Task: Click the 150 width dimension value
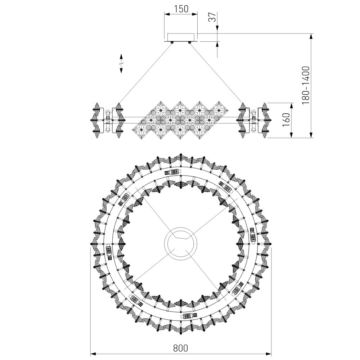(x=181, y=9)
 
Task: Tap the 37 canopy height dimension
(x=213, y=17)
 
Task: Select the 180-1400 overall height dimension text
(x=306, y=86)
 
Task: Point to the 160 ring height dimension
(x=286, y=120)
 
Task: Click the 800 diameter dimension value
(x=180, y=348)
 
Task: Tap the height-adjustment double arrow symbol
(x=121, y=64)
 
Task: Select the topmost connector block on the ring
(x=174, y=172)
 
